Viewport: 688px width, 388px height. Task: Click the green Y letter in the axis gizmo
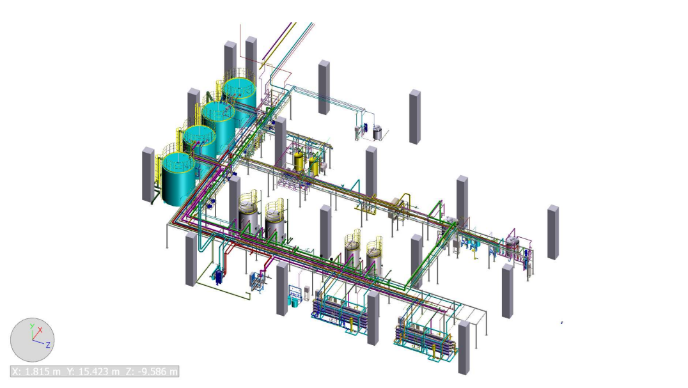(31, 327)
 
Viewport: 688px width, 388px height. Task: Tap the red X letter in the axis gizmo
(40, 330)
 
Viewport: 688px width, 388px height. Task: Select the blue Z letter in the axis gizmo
(48, 345)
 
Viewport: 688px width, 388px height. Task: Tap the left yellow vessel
(299, 160)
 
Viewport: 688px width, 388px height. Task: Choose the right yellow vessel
(313, 165)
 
